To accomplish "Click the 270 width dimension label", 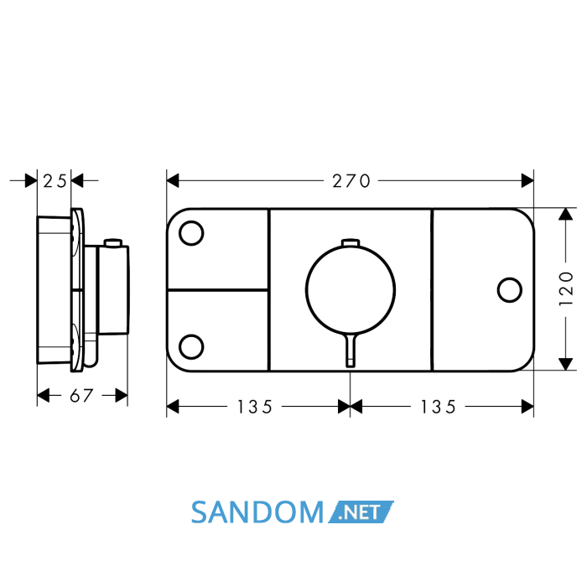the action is [351, 181].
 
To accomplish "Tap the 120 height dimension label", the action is [566, 288].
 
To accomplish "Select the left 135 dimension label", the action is [255, 407].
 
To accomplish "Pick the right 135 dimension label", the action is [439, 407].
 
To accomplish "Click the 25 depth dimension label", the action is [55, 181].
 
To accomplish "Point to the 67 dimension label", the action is [81, 396].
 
